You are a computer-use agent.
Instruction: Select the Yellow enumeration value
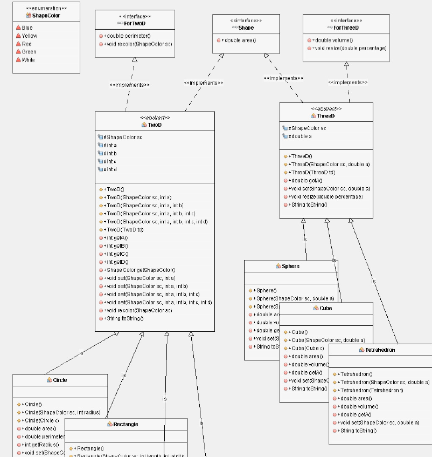point(30,36)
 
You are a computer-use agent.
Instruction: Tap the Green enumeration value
point(29,52)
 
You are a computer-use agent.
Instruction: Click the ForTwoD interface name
point(134,23)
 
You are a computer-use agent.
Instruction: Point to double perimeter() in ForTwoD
point(128,36)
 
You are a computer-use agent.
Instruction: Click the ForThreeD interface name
point(345,28)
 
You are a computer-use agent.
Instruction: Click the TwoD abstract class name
point(154,125)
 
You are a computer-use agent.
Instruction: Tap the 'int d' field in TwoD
point(110,169)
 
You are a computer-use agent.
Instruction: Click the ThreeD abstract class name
point(325,115)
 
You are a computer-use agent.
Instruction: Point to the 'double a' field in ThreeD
point(301,137)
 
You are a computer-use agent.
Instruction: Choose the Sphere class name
point(290,266)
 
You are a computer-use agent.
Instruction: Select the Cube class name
point(325,308)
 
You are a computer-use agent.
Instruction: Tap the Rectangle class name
point(125,424)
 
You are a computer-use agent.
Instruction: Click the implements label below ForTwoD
point(129,85)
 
